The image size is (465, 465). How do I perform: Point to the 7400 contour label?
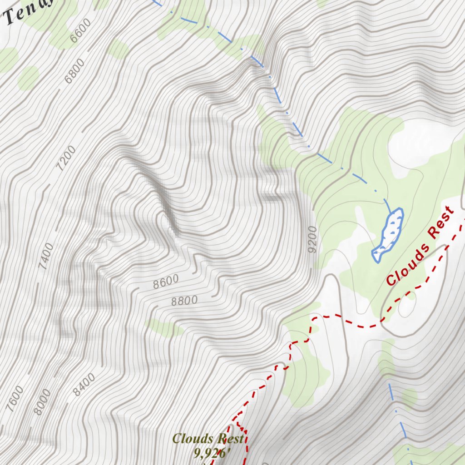point(46,257)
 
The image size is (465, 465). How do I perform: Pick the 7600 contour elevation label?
point(16,399)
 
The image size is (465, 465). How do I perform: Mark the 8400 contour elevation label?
point(84,384)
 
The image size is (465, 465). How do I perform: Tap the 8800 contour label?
point(184,301)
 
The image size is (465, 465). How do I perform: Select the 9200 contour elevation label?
point(312,239)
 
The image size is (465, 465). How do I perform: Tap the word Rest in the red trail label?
point(440,223)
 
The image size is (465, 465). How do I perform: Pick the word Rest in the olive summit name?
point(230,439)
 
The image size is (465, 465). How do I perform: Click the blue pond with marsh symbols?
point(389,234)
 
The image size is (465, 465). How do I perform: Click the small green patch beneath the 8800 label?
point(163,327)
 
